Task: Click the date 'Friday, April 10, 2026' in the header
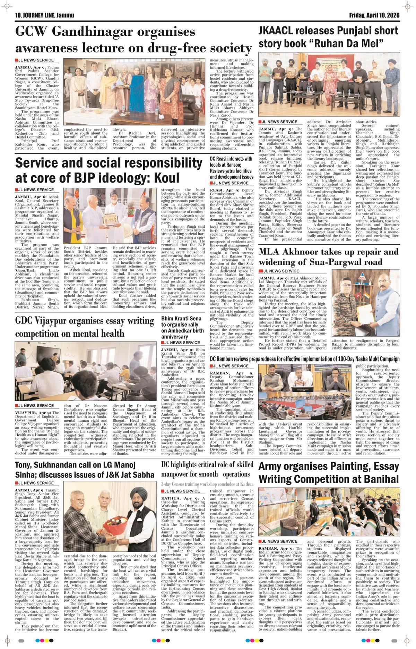pos(374,15)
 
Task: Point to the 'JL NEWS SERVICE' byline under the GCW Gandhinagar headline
pos(34,60)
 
